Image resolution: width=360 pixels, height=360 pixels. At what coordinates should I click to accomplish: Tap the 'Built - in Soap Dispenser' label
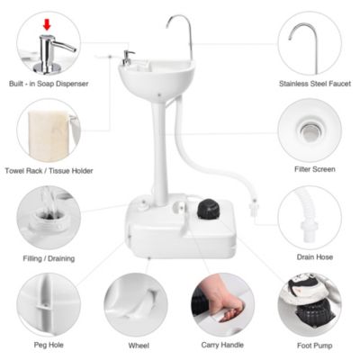pos(49,82)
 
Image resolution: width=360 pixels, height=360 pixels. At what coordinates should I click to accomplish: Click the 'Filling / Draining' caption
pos(49,258)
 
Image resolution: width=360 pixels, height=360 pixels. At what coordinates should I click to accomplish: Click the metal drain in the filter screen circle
pos(309,132)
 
